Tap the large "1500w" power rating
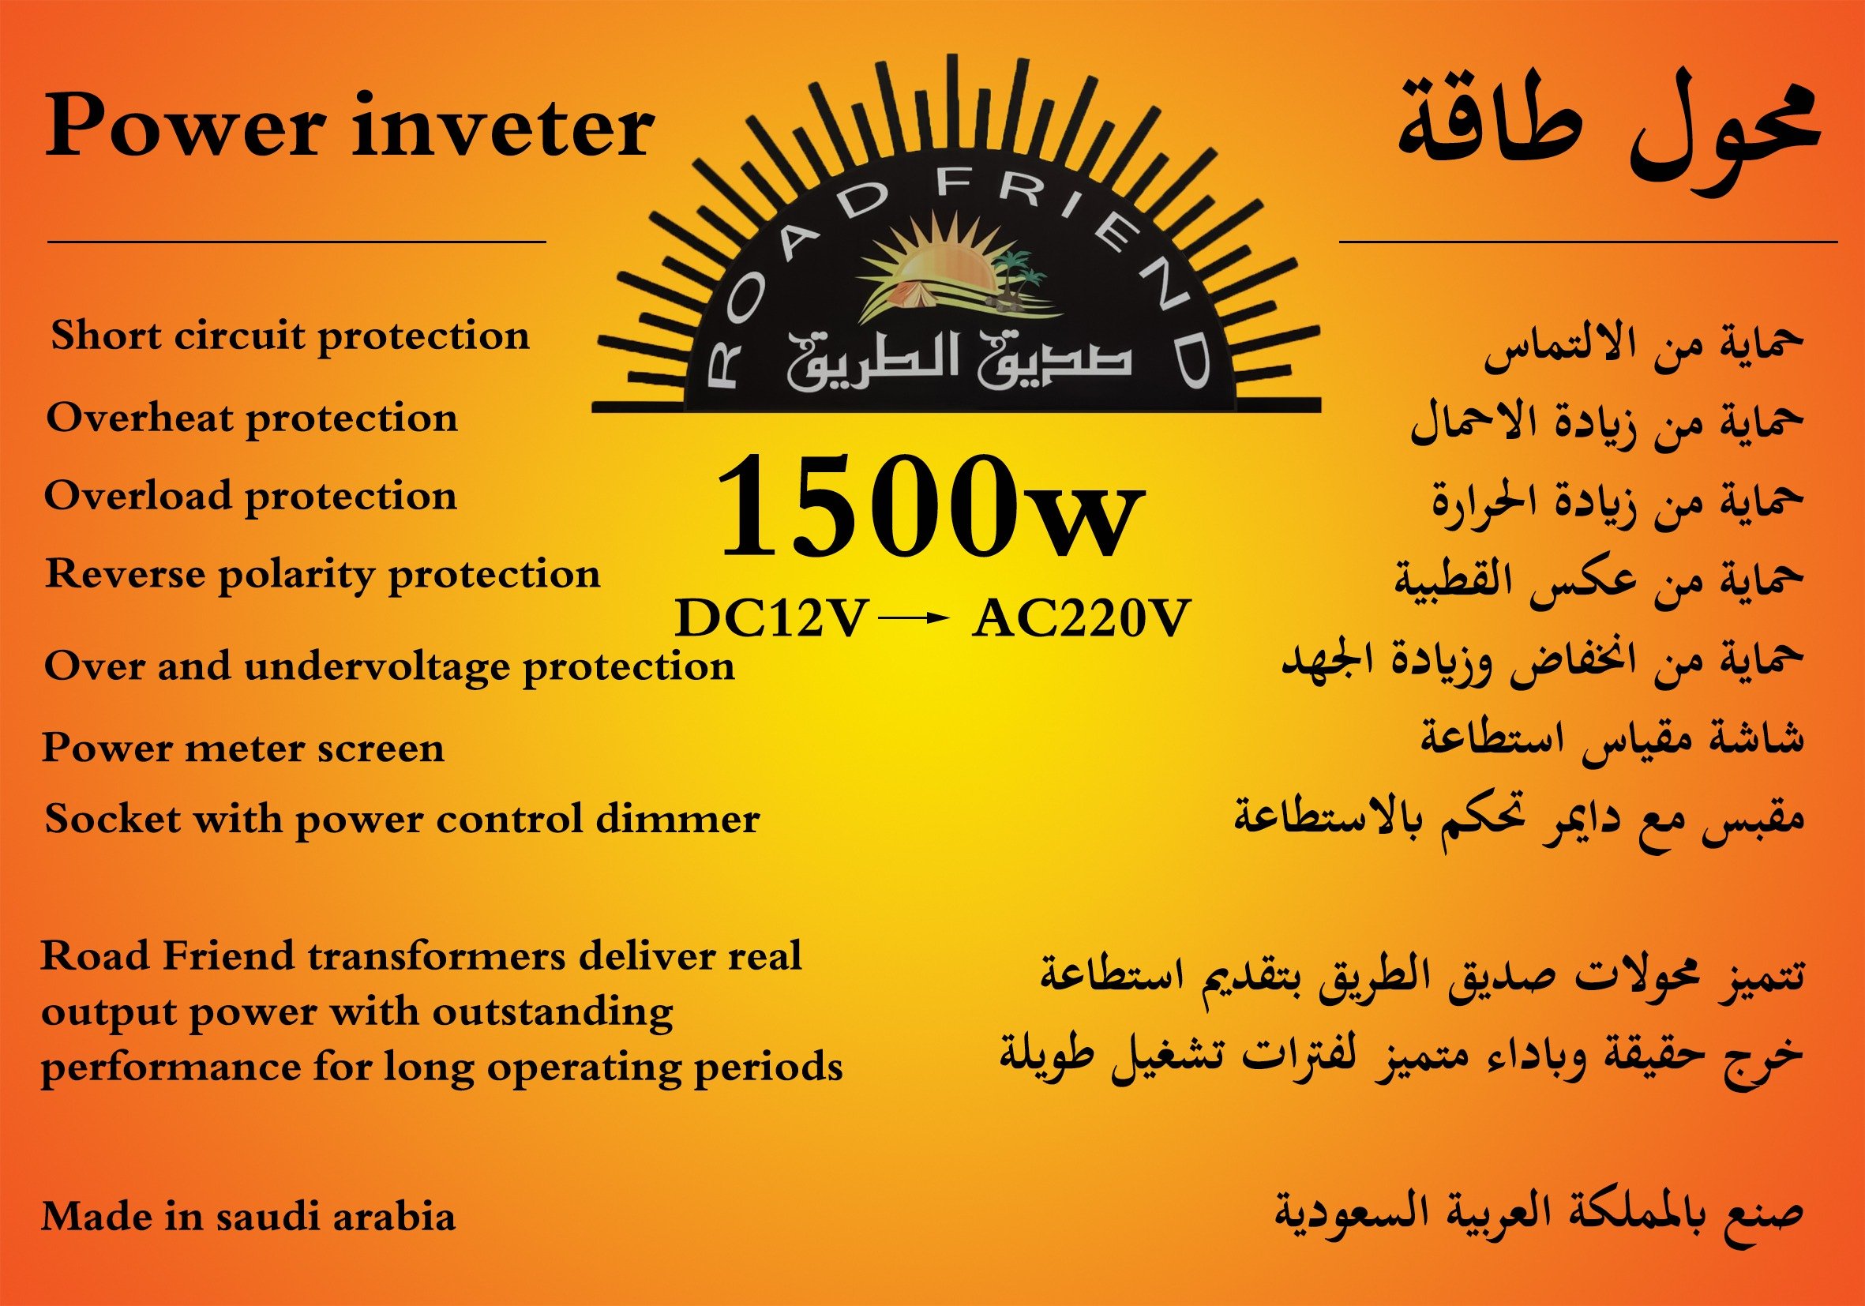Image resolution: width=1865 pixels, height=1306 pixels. (x=929, y=507)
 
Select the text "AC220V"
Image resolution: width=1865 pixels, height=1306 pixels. (x=1081, y=619)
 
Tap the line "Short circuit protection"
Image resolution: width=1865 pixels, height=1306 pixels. (x=290, y=336)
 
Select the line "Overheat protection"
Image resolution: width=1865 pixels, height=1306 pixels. (x=252, y=419)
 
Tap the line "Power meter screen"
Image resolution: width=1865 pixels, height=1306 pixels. (x=243, y=748)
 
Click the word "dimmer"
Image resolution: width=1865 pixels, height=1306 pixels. (x=677, y=819)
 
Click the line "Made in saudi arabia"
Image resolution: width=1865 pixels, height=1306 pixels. (x=248, y=1216)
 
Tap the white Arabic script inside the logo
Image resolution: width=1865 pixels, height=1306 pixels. (x=959, y=362)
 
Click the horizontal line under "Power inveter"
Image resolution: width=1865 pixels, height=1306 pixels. (x=296, y=241)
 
